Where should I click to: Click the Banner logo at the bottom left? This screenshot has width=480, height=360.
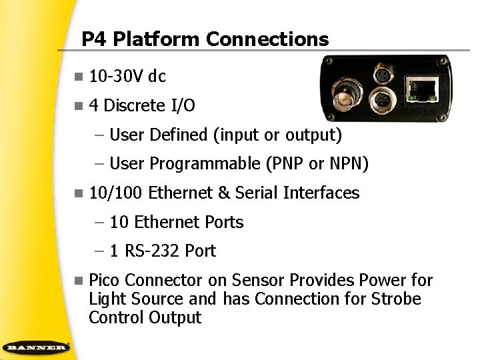(x=37, y=348)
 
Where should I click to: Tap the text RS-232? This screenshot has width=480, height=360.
(x=153, y=251)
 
